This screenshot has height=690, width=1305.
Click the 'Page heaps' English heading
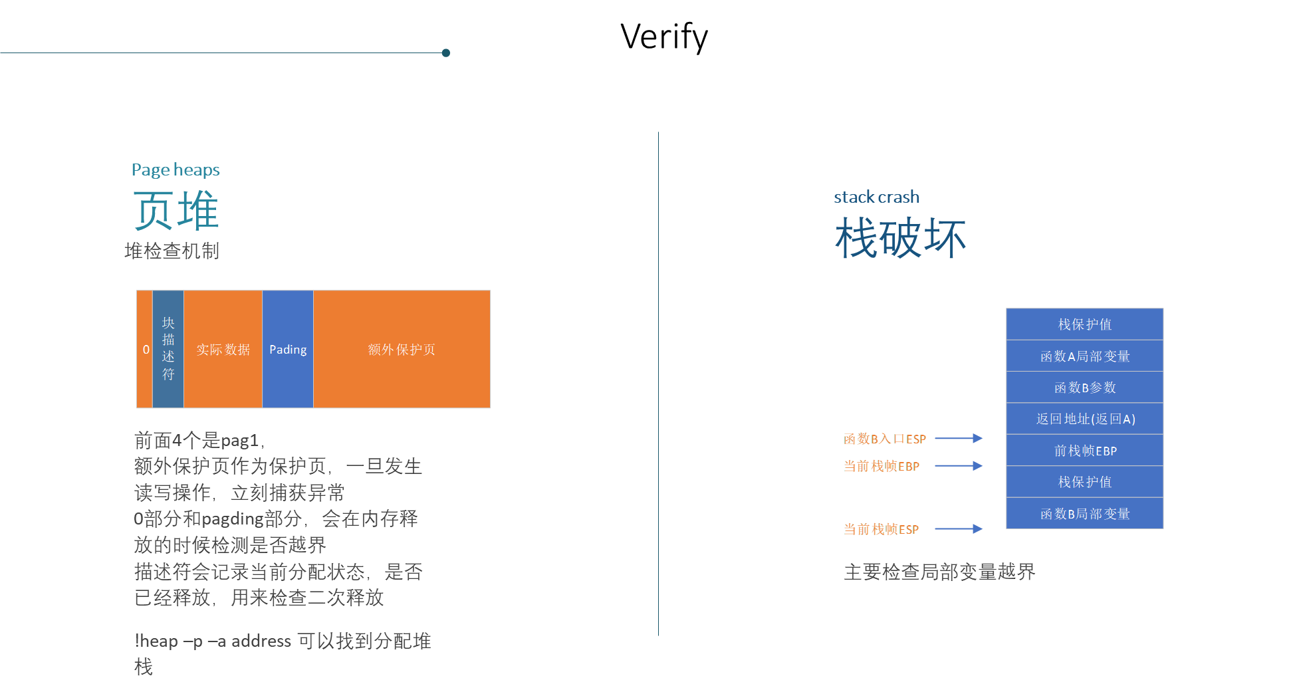tap(176, 170)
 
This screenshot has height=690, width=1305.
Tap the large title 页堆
tap(176, 210)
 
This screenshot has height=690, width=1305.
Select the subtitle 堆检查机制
tap(172, 251)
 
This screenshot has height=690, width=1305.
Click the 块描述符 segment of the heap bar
tap(168, 349)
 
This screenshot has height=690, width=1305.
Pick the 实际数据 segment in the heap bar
tap(223, 349)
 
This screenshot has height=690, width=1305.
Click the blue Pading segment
tap(288, 349)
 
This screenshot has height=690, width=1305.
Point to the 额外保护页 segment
tap(402, 349)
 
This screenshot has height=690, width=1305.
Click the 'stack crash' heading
tap(876, 197)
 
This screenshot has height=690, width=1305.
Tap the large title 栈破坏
tap(900, 237)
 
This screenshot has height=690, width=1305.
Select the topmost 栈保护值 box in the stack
tap(1084, 324)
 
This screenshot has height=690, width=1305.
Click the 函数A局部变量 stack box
tap(1084, 356)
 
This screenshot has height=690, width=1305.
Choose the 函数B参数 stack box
tap(1084, 388)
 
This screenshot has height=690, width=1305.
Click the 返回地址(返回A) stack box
tap(1084, 419)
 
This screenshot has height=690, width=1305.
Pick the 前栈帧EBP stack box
tap(1084, 451)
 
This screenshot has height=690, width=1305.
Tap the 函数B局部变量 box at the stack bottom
tap(1084, 514)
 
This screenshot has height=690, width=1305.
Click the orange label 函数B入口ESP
tap(884, 439)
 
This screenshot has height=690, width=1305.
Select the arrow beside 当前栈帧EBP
tap(959, 466)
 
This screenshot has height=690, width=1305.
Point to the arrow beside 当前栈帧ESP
tap(959, 529)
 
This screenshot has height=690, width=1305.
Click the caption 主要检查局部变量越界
tap(939, 572)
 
